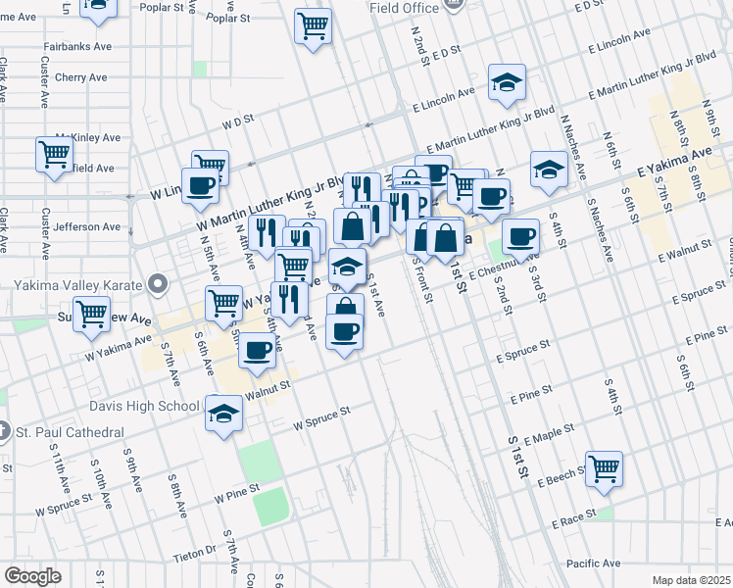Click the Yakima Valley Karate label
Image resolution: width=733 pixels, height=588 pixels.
click(x=78, y=286)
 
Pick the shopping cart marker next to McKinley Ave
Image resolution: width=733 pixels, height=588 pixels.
click(x=54, y=154)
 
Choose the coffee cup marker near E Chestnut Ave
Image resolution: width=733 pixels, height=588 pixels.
click(x=520, y=236)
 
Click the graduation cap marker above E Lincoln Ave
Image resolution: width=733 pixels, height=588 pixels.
click(x=507, y=84)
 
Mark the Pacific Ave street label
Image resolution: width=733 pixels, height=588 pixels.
click(x=594, y=563)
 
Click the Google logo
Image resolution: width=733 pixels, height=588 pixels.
click(x=32, y=576)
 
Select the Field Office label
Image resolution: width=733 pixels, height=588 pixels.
click(x=403, y=7)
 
